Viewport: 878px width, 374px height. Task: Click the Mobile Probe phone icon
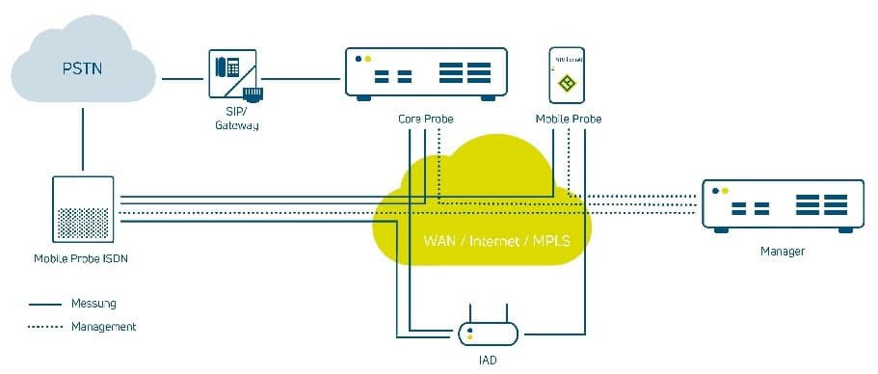[568, 74]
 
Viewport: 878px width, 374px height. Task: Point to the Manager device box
[782, 206]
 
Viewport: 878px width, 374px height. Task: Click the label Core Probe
[425, 119]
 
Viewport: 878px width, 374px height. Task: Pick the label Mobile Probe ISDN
[82, 259]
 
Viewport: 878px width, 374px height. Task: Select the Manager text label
[782, 252]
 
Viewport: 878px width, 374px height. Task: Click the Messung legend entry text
[93, 304]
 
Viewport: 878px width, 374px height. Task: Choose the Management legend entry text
[103, 327]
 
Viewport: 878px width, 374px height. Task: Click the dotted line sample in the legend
[45, 327]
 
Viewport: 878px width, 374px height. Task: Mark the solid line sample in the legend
[45, 304]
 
